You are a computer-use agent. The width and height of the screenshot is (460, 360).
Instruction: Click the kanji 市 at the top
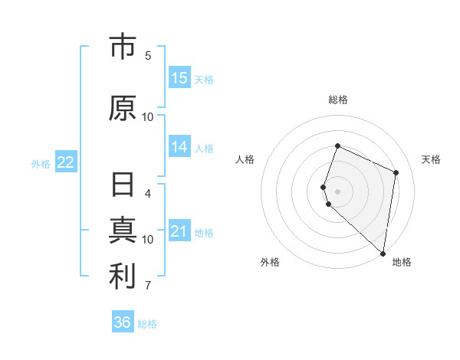[x=123, y=47]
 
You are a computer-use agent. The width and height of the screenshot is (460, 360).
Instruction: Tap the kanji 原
[x=123, y=108]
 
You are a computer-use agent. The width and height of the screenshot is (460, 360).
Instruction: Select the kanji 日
[x=123, y=186]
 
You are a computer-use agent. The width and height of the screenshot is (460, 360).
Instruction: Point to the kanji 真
[x=123, y=231]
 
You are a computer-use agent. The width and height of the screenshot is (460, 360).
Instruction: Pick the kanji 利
[x=123, y=277]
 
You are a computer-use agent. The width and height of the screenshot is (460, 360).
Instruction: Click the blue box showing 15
[x=179, y=78]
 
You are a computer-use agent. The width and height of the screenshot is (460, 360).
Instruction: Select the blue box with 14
[x=179, y=147]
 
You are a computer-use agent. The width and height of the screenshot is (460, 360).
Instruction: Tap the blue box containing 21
[x=179, y=231]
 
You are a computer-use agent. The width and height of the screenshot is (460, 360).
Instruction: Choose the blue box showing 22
[x=66, y=162]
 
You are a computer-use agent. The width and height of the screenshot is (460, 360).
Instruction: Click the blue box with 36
[x=123, y=322]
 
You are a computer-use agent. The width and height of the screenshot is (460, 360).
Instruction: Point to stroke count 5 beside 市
[x=148, y=55]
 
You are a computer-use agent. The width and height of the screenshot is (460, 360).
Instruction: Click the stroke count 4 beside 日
[x=148, y=193]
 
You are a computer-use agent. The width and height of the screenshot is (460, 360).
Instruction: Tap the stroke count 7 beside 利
[x=148, y=286]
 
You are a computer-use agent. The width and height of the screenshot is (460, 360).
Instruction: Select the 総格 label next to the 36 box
[x=147, y=324]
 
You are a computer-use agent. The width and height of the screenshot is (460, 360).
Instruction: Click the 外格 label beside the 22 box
[x=41, y=163]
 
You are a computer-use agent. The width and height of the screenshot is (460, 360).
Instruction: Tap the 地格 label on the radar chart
[x=402, y=262]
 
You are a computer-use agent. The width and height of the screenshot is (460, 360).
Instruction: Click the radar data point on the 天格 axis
[x=396, y=172]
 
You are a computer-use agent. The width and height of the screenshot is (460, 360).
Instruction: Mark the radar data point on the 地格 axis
[x=383, y=253]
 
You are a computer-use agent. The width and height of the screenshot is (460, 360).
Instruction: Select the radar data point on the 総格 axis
[x=337, y=146]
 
